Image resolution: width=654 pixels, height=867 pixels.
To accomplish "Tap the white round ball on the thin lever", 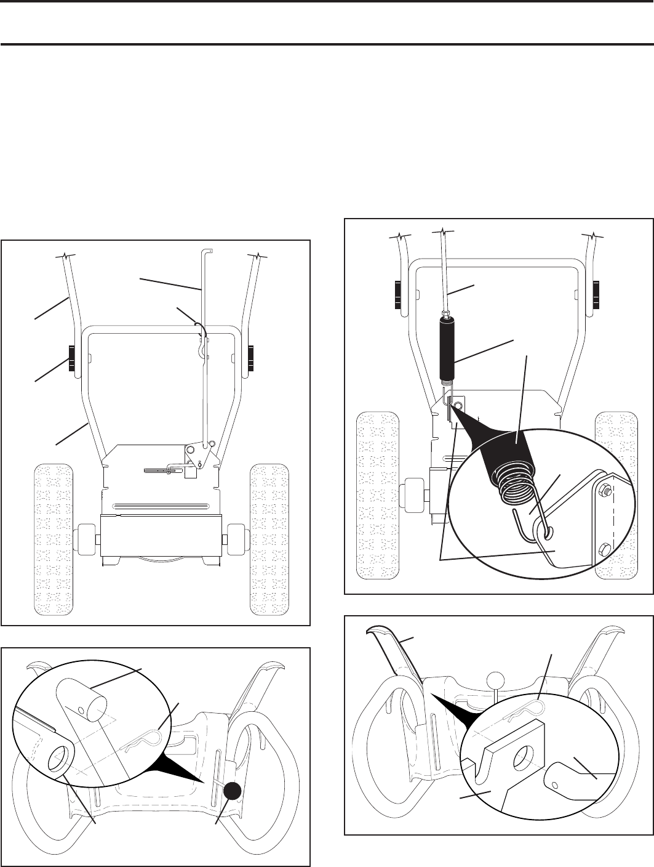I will (495, 682).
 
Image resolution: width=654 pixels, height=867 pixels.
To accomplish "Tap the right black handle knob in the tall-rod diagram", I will (251, 360).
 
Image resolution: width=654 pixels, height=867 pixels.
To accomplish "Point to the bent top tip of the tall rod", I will (207, 250).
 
